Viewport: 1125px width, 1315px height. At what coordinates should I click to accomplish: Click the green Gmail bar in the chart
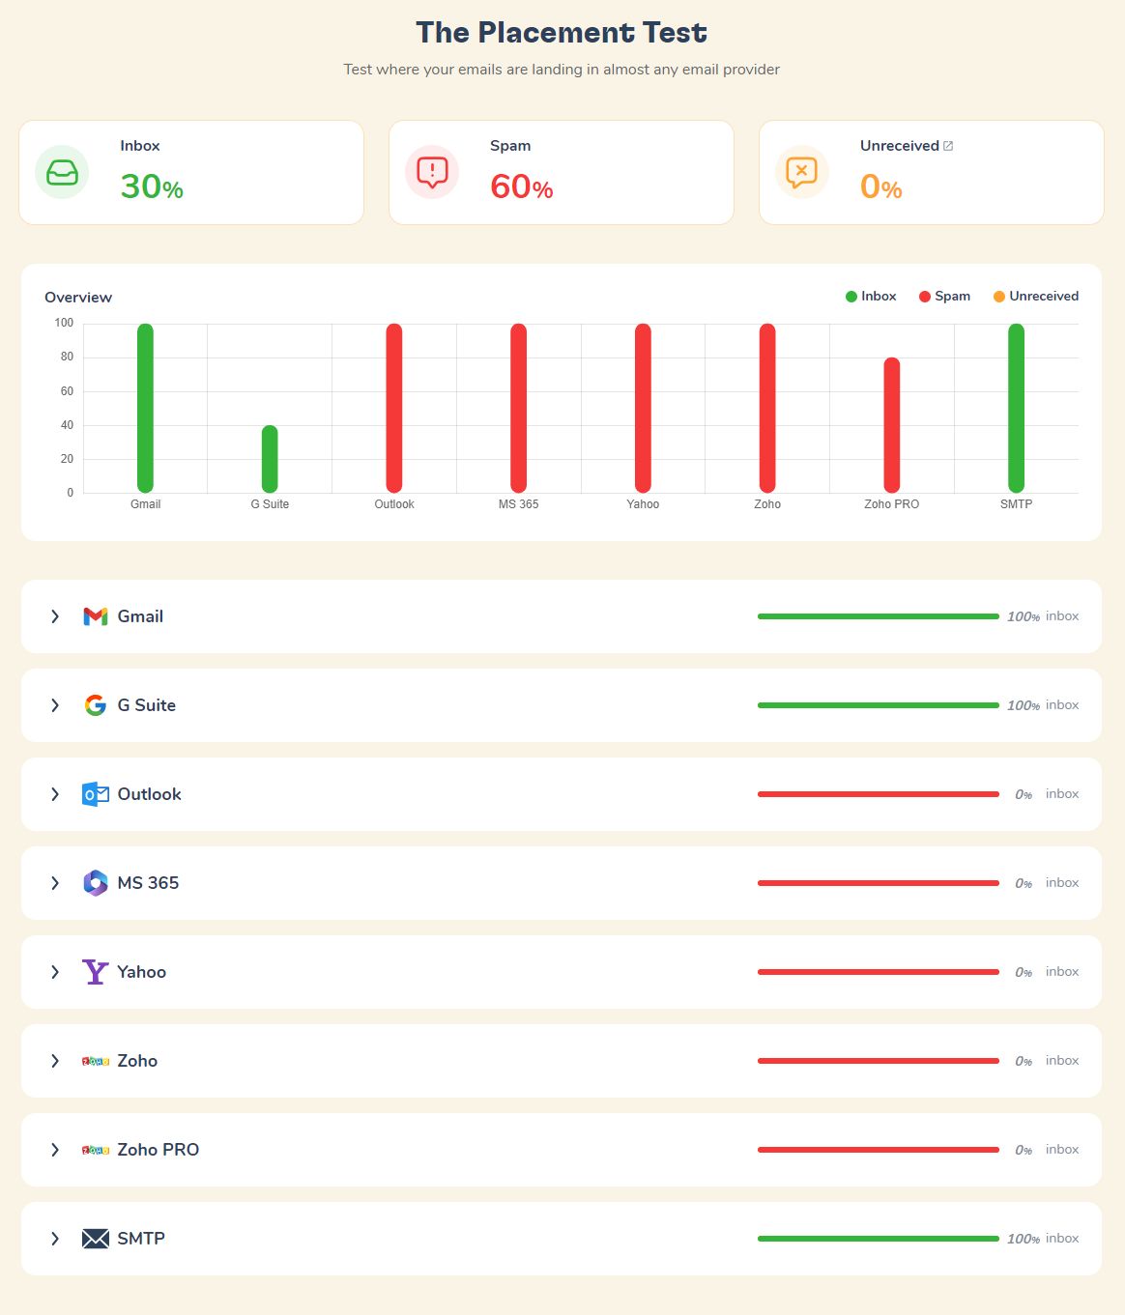point(145,408)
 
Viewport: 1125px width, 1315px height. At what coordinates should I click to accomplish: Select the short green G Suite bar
point(270,459)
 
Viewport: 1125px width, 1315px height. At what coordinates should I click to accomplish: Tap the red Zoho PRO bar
point(892,425)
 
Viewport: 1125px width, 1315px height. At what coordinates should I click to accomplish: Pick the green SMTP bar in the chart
point(1016,408)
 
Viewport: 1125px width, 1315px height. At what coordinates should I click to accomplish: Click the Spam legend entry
point(944,297)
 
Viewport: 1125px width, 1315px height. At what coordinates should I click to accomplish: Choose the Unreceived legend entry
point(1036,297)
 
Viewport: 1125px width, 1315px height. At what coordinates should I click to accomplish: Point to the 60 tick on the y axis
point(67,391)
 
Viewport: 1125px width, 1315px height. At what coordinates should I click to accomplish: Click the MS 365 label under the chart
point(518,504)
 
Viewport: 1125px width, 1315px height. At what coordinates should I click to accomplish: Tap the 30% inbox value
point(152,186)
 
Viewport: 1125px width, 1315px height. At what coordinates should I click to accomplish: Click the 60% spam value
point(521,186)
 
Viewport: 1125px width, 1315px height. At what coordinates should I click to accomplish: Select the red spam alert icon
point(432,172)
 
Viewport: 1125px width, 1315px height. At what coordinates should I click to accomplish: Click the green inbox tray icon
point(62,172)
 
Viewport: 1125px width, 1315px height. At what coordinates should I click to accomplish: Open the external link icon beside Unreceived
point(948,146)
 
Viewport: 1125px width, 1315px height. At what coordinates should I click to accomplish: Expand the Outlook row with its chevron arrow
point(55,794)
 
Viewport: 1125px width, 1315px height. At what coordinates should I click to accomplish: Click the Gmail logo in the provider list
point(96,616)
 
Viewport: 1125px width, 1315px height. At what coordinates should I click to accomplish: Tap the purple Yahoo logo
point(95,972)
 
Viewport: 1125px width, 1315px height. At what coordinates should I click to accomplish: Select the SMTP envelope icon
point(96,1239)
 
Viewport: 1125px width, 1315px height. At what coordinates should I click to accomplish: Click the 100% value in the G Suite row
point(1023,705)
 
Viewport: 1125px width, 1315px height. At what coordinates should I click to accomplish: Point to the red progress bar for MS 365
point(878,883)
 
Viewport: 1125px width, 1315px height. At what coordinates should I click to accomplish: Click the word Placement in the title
point(556,33)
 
